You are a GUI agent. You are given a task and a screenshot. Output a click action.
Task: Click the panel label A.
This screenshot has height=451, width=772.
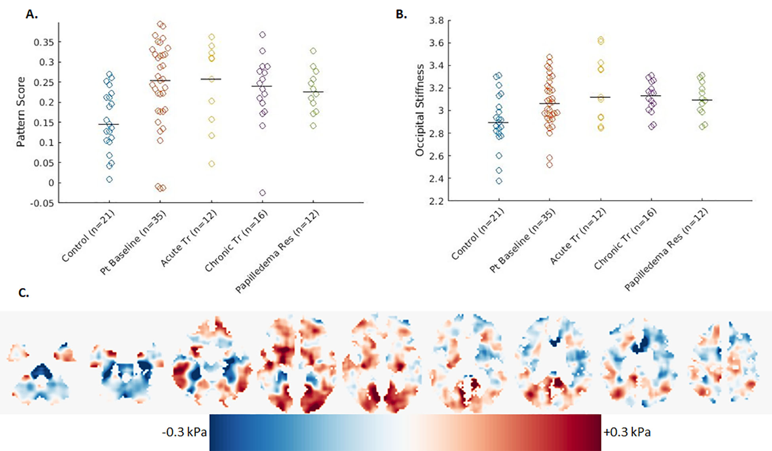[32, 14]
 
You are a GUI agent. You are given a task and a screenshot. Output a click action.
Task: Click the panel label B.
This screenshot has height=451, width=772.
[401, 14]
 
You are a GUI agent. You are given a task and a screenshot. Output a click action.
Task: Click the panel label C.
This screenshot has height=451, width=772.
[24, 293]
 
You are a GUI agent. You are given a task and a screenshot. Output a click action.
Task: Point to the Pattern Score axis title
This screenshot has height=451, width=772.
[21, 112]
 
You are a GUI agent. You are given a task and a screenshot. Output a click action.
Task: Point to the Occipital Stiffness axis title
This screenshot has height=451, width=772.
[420, 110]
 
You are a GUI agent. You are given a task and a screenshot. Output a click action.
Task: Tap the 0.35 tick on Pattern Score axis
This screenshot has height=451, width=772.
[44, 42]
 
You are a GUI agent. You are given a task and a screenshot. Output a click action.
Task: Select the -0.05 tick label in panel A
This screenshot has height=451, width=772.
[42, 203]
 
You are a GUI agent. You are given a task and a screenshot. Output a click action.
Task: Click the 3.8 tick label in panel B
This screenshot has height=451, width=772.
[436, 20]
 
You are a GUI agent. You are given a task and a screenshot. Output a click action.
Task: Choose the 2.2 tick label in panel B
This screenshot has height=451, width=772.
[436, 201]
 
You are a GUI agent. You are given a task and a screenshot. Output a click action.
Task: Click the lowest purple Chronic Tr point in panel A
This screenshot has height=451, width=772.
[262, 193]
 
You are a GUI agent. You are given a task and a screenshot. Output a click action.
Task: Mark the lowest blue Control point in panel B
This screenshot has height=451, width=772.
[499, 181]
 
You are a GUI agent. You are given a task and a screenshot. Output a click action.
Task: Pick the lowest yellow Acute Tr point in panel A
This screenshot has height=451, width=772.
[212, 164]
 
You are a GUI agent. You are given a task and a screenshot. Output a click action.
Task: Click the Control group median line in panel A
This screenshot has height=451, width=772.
[108, 124]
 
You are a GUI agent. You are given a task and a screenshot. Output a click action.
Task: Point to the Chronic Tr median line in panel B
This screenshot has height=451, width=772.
[651, 96]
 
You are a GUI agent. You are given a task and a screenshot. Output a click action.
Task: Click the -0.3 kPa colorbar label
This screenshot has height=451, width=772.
[184, 432]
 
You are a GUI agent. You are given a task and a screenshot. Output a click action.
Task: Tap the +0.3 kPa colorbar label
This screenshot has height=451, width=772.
[627, 432]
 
